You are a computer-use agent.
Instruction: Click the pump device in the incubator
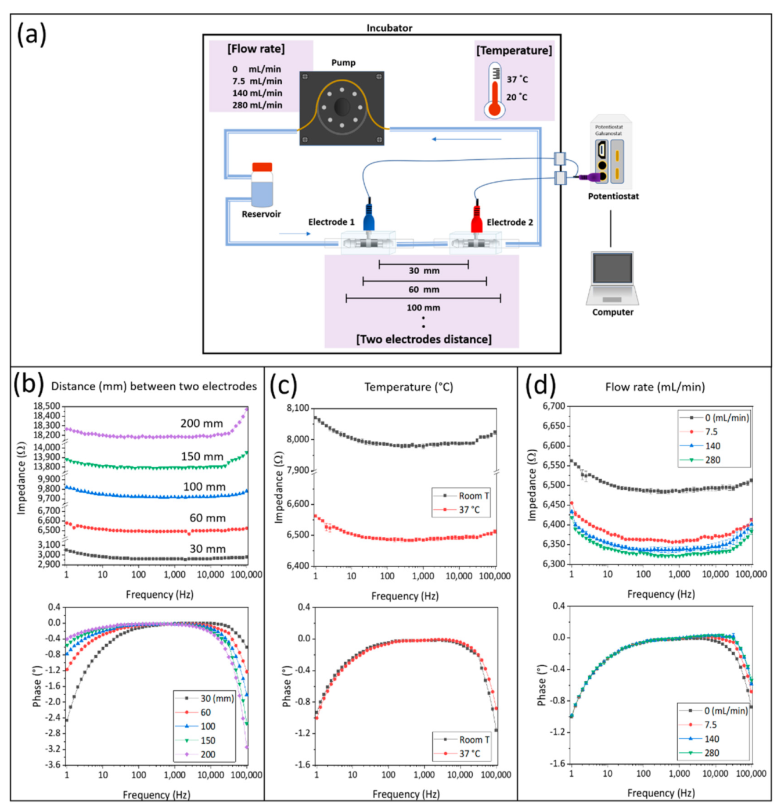coord(341,108)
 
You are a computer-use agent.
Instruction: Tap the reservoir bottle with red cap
coord(262,185)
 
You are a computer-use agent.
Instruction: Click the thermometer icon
coord(494,91)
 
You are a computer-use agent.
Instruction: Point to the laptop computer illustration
coord(613,278)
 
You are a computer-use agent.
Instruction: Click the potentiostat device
coord(609,152)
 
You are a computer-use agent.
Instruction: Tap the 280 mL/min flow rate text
coord(257,105)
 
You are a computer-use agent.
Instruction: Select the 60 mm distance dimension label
coord(424,289)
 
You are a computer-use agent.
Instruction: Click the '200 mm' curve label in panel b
coord(201,424)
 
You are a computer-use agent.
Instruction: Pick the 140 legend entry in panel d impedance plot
coord(712,446)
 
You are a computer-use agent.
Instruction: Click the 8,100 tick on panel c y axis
coord(298,408)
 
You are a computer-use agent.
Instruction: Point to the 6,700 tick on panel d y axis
coord(553,406)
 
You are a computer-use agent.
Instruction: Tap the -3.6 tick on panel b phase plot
coord(53,765)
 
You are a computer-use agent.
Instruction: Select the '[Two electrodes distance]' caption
coord(423,339)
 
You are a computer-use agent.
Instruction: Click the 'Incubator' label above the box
coord(389,28)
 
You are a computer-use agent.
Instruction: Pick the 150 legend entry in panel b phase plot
coord(207,741)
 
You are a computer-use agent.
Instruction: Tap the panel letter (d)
coord(541,386)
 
